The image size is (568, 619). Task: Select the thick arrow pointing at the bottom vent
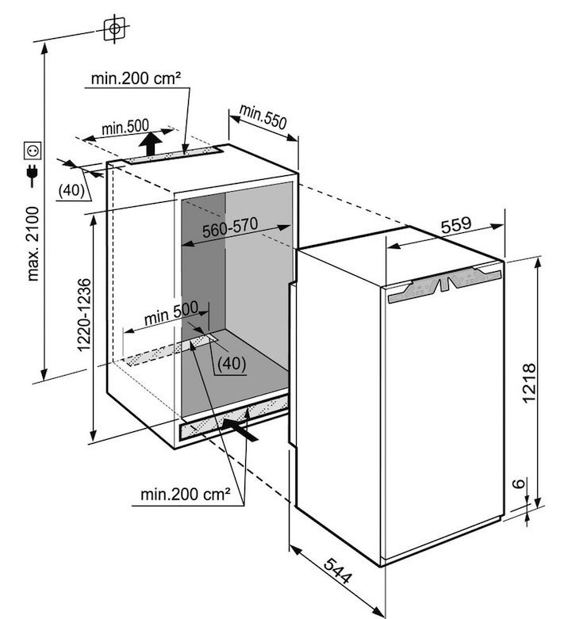(241, 428)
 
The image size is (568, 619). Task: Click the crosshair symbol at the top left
(114, 29)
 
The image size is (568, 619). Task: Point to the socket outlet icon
(33, 150)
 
